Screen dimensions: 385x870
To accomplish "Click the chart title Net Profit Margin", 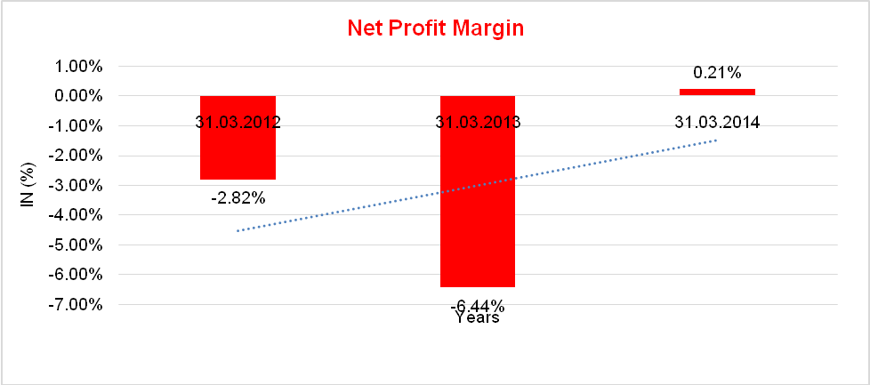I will (435, 28).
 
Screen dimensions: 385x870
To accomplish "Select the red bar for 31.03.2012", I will (237, 156).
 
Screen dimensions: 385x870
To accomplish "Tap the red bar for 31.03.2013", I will (477, 213).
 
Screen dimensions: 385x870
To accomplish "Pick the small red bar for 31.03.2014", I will (717, 92).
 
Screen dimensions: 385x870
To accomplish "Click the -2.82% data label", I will (238, 197).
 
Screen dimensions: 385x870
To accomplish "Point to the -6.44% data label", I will (477, 305).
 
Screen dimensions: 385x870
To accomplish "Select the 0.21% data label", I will (717, 73).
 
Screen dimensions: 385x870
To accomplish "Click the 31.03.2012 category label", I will (238, 123).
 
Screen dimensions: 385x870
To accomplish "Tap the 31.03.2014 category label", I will (717, 123).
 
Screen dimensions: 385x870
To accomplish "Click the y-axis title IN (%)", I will (28, 184).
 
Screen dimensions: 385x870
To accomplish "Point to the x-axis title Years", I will (477, 317).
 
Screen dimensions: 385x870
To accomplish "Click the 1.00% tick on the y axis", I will (80, 66).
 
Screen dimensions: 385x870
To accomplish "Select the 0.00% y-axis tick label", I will (80, 96).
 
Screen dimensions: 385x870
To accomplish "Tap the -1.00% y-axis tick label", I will (78, 125).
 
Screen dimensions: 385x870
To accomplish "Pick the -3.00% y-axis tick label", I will (78, 185).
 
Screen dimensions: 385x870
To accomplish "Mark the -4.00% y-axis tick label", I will (78, 215).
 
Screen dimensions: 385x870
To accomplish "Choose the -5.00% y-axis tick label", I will (78, 245).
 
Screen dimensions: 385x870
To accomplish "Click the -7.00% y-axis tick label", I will (78, 305).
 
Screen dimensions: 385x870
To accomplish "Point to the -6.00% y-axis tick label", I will (78, 275).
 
